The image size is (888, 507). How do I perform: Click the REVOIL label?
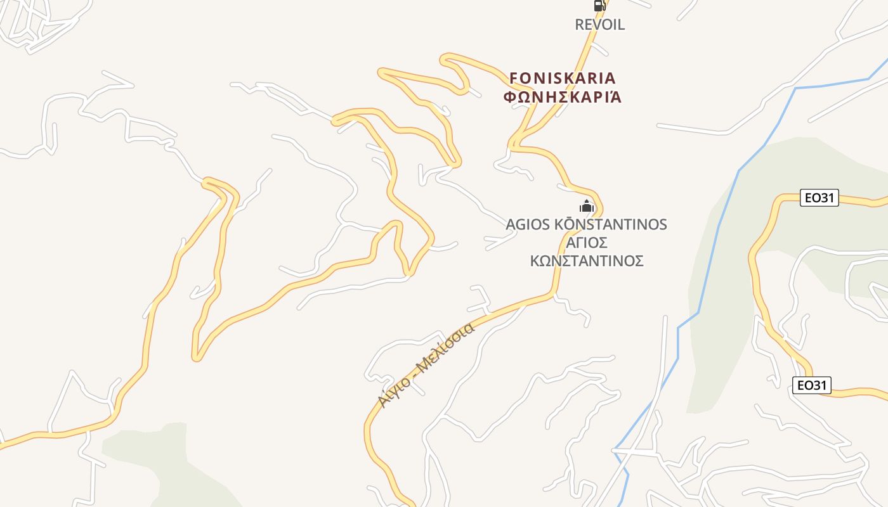pyautogui.click(x=599, y=25)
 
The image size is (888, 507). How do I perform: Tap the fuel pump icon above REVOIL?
pyautogui.click(x=599, y=6)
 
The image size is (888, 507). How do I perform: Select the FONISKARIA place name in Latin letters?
pyautogui.click(x=563, y=78)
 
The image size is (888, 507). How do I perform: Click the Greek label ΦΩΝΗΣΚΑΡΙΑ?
pyautogui.click(x=563, y=97)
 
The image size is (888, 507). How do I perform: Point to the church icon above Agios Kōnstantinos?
pyautogui.click(x=587, y=206)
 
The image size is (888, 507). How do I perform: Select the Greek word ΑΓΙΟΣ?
pyautogui.click(x=587, y=243)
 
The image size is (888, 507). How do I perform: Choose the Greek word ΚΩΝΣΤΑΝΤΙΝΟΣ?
pyautogui.click(x=587, y=261)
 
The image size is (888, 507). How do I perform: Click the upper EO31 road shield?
pyautogui.click(x=819, y=198)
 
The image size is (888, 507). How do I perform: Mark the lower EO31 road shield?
pyautogui.click(x=811, y=385)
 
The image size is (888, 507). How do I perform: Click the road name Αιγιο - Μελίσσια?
pyautogui.click(x=425, y=366)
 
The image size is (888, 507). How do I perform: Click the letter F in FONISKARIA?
pyautogui.click(x=514, y=78)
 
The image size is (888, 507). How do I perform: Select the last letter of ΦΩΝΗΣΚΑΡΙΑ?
pyautogui.click(x=615, y=97)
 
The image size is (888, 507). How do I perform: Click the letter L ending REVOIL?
pyautogui.click(x=621, y=25)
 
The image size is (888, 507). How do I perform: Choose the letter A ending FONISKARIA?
pyautogui.click(x=610, y=78)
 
